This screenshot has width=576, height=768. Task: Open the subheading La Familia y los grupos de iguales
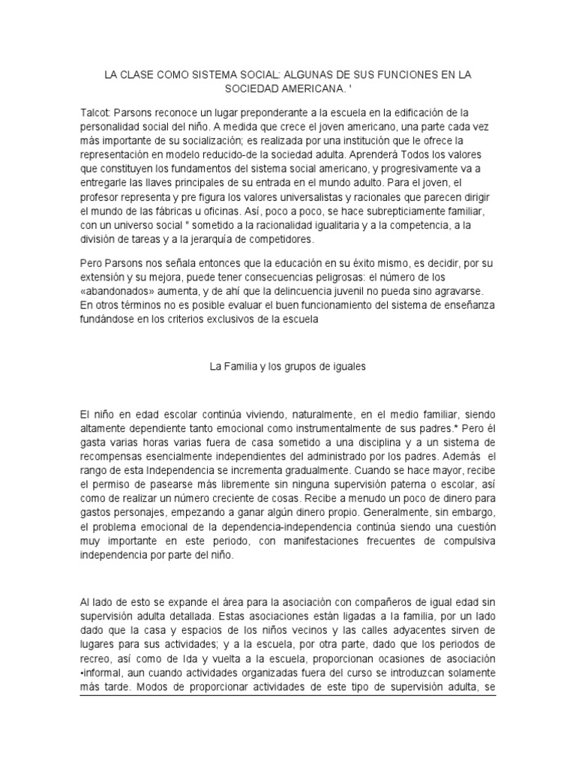[x=287, y=367]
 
